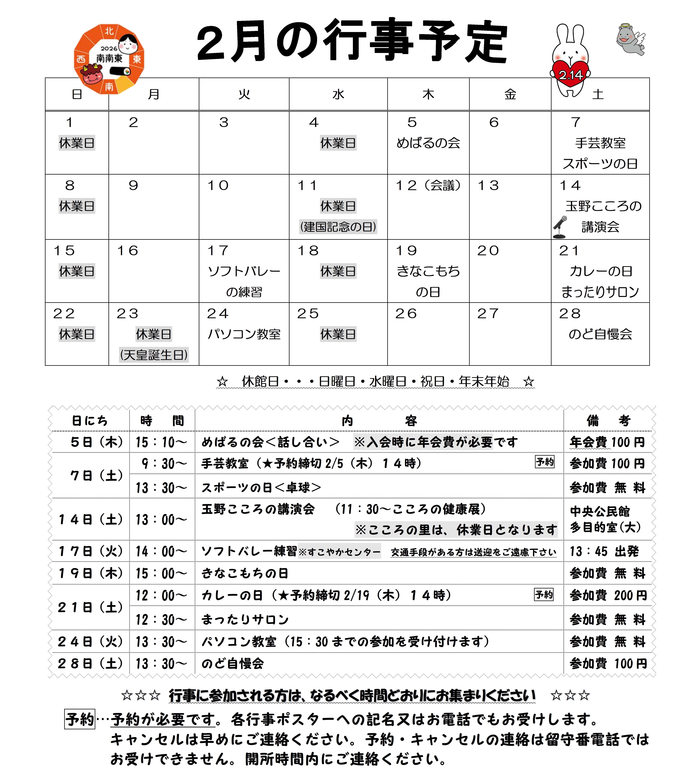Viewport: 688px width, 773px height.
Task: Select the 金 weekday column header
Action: pyautogui.click(x=510, y=94)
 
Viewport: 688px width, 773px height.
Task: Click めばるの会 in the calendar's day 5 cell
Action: pyautogui.click(x=428, y=143)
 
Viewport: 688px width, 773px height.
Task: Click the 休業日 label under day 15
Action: pyautogui.click(x=77, y=271)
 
